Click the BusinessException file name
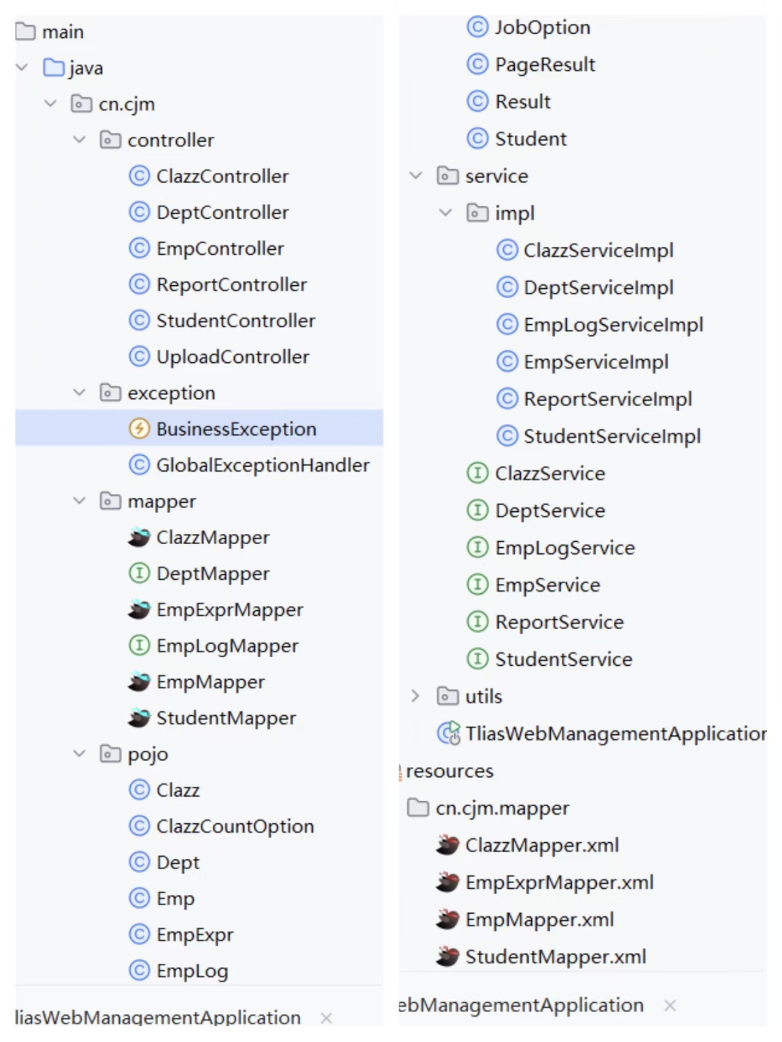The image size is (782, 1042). pyautogui.click(x=236, y=429)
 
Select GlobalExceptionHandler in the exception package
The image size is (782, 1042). pyautogui.click(x=262, y=465)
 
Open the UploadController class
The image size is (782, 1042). pyautogui.click(x=232, y=357)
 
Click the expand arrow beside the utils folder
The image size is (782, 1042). pyautogui.click(x=416, y=696)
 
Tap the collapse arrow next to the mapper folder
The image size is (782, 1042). pyautogui.click(x=79, y=501)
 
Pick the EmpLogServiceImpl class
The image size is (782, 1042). pyautogui.click(x=613, y=325)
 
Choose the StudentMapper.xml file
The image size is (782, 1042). pyautogui.click(x=555, y=957)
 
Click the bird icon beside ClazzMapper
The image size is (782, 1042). pyautogui.click(x=139, y=537)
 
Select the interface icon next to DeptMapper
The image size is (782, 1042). pyautogui.click(x=139, y=574)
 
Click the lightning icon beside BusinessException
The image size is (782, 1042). pyautogui.click(x=139, y=429)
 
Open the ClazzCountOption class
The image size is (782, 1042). pyautogui.click(x=235, y=826)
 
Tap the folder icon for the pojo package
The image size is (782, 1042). pyautogui.click(x=110, y=754)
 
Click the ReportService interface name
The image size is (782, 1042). pyautogui.click(x=559, y=622)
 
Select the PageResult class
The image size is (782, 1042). pyautogui.click(x=545, y=65)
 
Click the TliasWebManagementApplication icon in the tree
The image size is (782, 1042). pyautogui.click(x=449, y=733)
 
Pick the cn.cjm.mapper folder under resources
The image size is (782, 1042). pyautogui.click(x=501, y=809)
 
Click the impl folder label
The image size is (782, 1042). pyautogui.click(x=514, y=214)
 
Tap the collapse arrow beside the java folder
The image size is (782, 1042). pyautogui.click(x=23, y=68)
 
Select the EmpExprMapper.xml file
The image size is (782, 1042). pyautogui.click(x=559, y=883)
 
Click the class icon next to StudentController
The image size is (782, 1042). pyautogui.click(x=139, y=321)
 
